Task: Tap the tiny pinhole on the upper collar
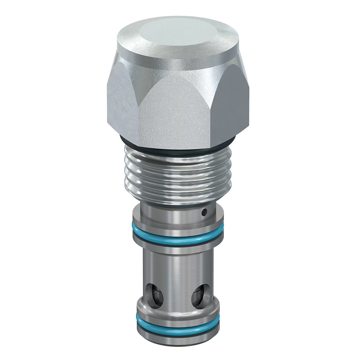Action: pos(204,212)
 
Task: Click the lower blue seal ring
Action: pos(178,327)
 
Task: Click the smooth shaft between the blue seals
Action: pos(178,266)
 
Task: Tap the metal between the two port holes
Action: pos(178,297)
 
